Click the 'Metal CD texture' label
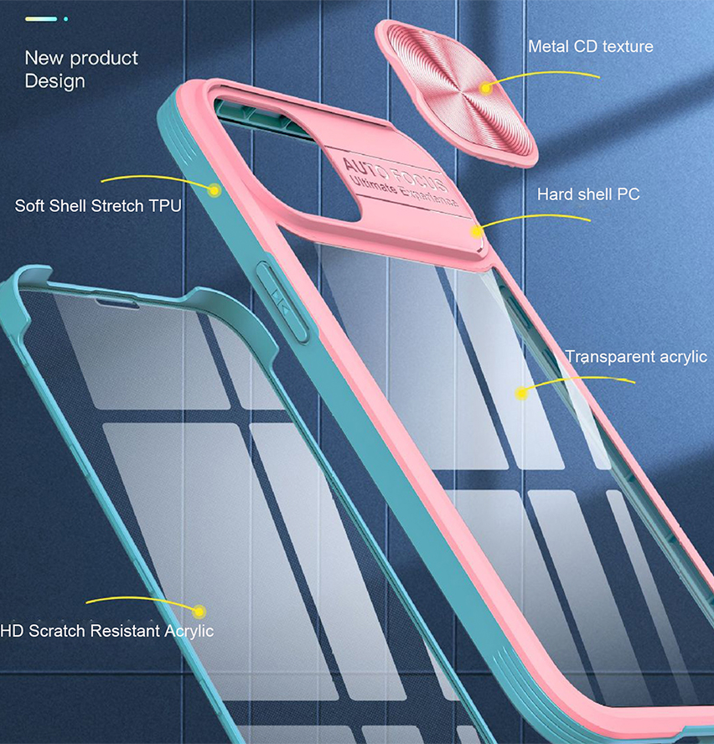(x=591, y=47)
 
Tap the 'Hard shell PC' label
(x=588, y=194)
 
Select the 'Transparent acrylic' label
(x=636, y=357)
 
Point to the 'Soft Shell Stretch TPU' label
(x=98, y=206)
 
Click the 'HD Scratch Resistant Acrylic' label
(x=107, y=631)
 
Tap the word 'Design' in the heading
(x=55, y=81)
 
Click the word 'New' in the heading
(x=44, y=58)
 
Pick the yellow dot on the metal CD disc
(x=485, y=88)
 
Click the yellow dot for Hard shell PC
(x=476, y=231)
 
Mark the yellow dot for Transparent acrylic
(x=521, y=393)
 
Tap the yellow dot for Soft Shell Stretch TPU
(x=215, y=191)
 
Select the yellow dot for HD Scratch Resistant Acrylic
(x=199, y=612)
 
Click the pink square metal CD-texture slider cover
(x=456, y=94)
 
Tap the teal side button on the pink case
(x=282, y=302)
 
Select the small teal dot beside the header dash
(x=65, y=19)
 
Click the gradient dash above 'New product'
(x=41, y=19)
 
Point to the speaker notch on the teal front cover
(x=117, y=303)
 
